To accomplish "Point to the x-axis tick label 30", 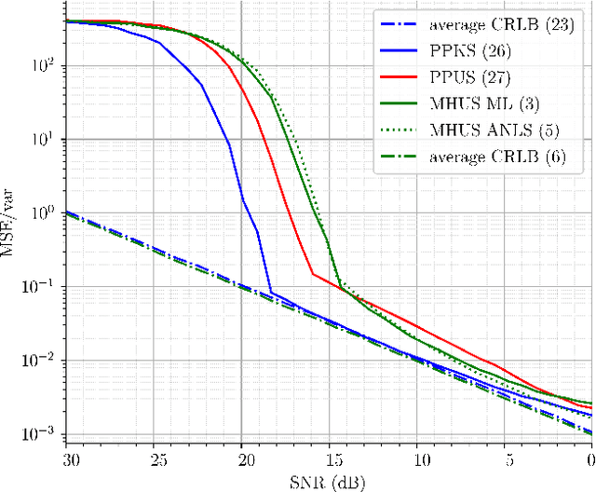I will [x=70, y=459].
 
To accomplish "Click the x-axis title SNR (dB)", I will [x=331, y=480].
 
